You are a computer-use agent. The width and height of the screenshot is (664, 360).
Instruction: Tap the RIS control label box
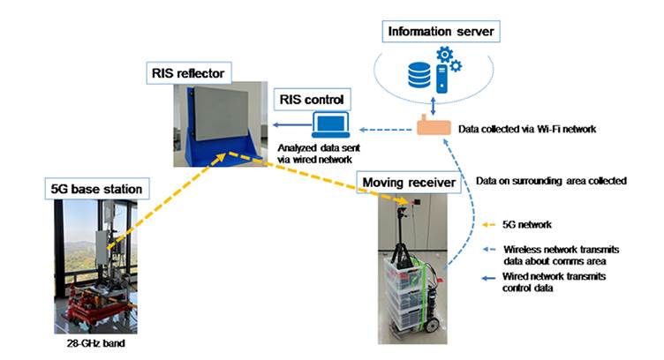(x=311, y=98)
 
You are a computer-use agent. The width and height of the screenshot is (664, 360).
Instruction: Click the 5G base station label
(x=95, y=188)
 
